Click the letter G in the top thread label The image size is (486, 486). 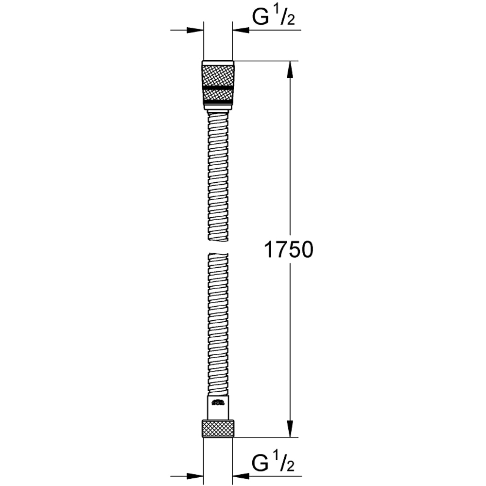coord(260,17)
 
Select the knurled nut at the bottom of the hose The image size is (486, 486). coord(218,428)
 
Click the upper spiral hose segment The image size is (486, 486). coord(218,175)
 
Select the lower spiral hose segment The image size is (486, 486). coord(218,321)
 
